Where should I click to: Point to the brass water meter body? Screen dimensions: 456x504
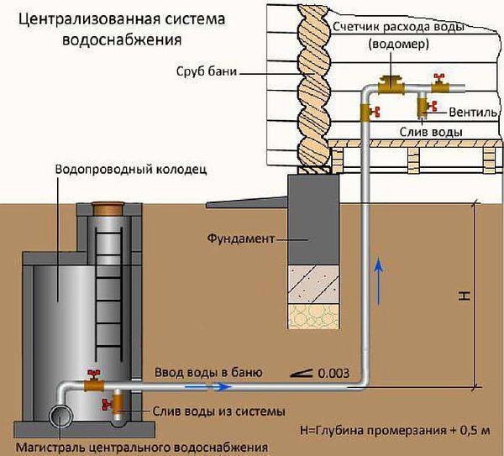[x=391, y=83]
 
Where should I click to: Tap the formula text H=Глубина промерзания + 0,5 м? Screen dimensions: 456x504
[x=394, y=429]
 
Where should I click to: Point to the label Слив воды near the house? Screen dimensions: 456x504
[x=426, y=132]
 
